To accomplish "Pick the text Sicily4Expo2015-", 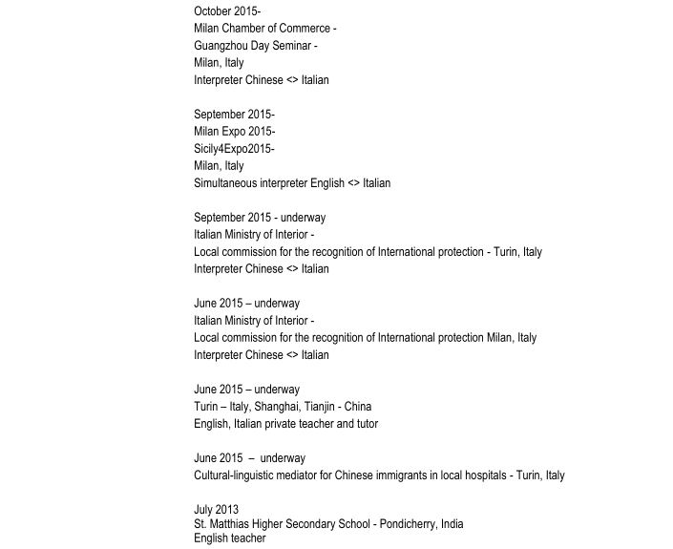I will pos(234,149).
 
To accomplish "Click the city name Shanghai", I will pos(277,407).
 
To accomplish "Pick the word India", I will pos(452,524).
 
